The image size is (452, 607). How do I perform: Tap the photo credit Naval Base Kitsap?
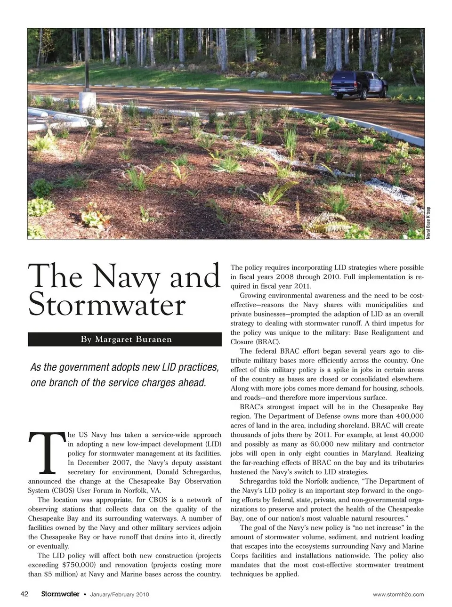(428, 223)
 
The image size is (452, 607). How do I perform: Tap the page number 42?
(24, 594)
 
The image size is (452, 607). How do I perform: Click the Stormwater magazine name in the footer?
(60, 594)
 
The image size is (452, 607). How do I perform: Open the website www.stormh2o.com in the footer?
(398, 594)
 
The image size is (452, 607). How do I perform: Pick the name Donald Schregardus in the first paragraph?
(191, 472)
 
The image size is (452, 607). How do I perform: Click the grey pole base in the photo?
(88, 102)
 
